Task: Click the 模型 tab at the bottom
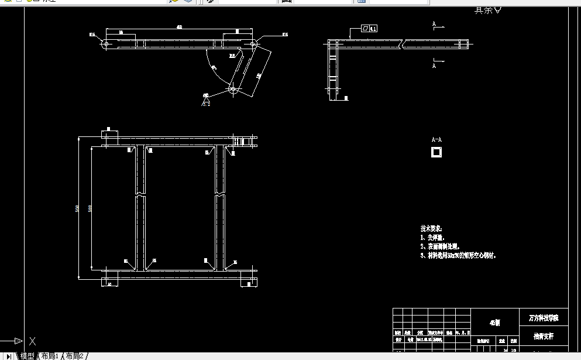(x=27, y=356)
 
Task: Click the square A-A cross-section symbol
(x=436, y=152)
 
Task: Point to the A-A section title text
(x=436, y=140)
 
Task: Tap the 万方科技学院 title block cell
(x=544, y=318)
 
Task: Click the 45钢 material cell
(x=495, y=322)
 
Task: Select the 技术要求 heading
(x=431, y=228)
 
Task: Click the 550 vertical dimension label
(x=77, y=209)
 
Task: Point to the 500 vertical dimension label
(x=90, y=209)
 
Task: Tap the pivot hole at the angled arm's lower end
(x=232, y=90)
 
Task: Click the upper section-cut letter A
(x=434, y=25)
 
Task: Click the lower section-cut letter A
(x=434, y=66)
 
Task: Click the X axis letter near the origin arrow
(x=33, y=341)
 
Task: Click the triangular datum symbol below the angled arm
(x=206, y=102)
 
